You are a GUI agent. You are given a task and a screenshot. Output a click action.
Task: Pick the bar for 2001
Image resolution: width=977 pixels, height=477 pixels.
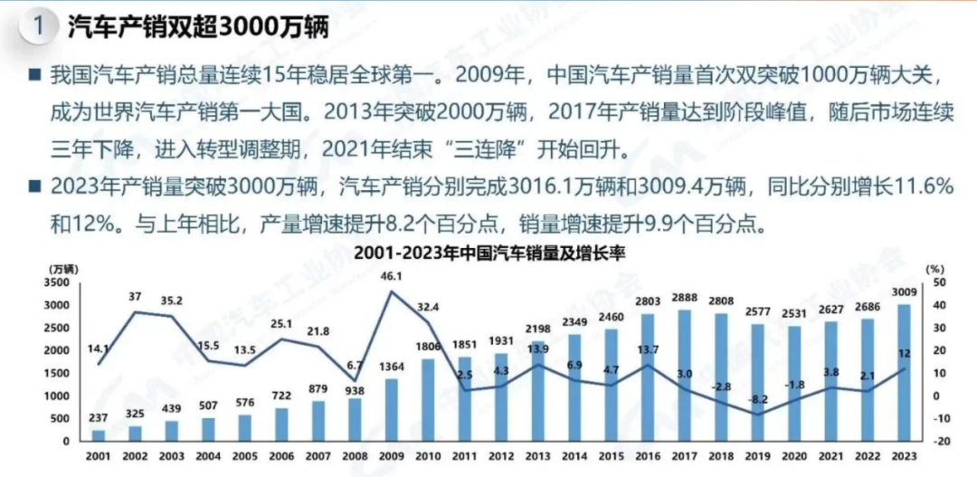tap(99, 435)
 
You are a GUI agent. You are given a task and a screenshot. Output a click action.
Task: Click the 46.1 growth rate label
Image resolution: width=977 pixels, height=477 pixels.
tap(393, 275)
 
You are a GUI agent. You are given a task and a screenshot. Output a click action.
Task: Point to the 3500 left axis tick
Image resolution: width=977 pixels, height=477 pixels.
tap(55, 282)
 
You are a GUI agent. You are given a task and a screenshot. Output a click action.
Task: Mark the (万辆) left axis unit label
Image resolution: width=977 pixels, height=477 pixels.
tap(63, 267)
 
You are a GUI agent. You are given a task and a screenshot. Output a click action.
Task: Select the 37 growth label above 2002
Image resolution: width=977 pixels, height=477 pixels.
tap(136, 297)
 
